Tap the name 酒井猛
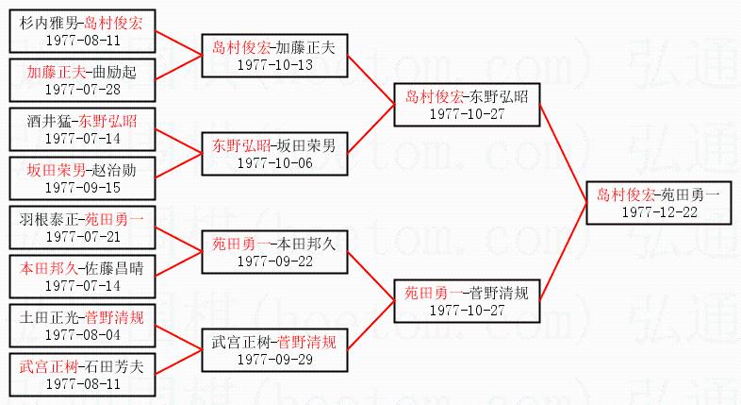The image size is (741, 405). (x=46, y=121)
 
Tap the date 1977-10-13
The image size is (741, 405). (x=274, y=63)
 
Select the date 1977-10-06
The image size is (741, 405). (x=274, y=161)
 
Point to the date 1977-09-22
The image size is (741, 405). (x=274, y=260)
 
